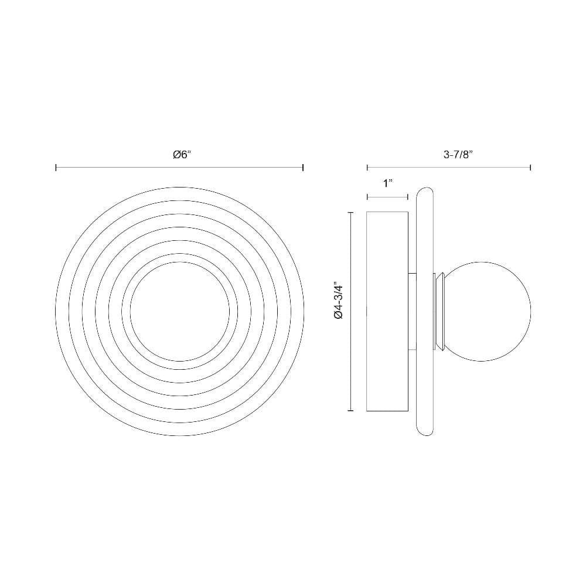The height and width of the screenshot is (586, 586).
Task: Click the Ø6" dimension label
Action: click(182, 155)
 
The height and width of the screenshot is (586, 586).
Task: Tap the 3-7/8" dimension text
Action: click(459, 155)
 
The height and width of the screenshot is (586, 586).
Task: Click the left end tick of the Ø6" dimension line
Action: click(56, 168)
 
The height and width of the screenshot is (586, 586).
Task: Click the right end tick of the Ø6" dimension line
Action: click(303, 168)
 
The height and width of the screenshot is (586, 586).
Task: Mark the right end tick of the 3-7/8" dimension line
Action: click(530, 168)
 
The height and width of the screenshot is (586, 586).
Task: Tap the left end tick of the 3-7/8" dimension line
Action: click(367, 168)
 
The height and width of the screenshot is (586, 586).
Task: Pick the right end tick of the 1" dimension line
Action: click(407, 197)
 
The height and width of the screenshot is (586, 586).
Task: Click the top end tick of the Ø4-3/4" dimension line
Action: click(350, 212)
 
